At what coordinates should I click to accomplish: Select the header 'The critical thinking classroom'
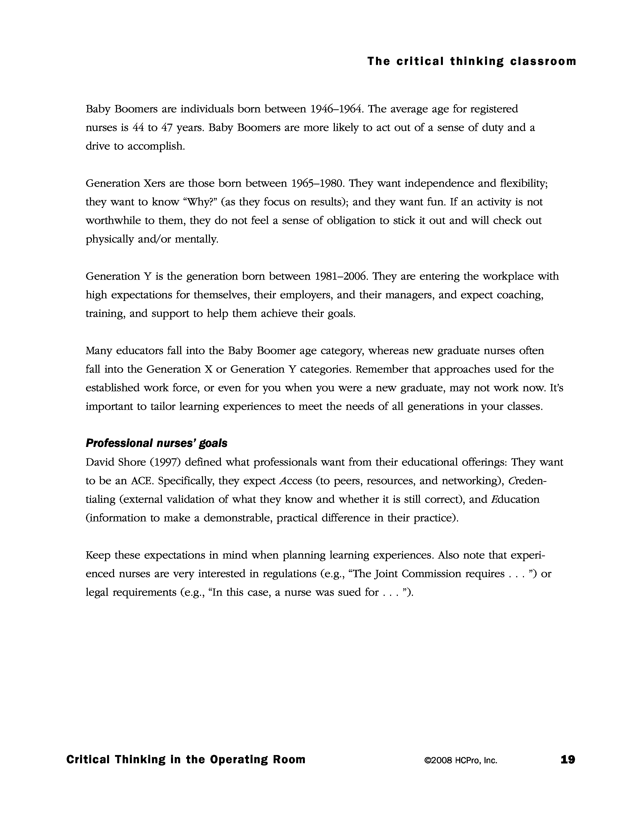coord(471,61)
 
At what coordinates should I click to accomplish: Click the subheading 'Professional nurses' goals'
coord(156,443)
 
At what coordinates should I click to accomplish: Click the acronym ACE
coord(142,481)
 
